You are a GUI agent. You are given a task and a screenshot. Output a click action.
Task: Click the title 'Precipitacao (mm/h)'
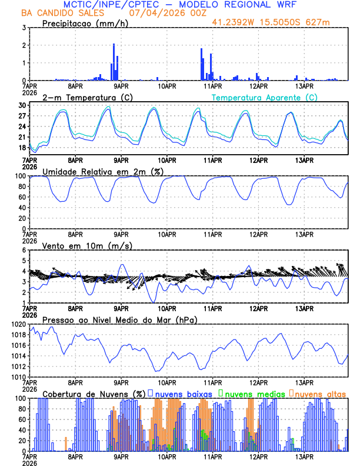[x=85, y=23]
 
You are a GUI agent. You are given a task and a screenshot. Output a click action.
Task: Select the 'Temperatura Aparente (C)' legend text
[x=264, y=97]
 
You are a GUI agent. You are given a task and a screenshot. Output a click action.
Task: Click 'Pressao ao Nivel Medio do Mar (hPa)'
[x=119, y=319]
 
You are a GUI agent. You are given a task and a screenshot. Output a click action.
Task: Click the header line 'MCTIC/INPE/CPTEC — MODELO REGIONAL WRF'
[x=179, y=4]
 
